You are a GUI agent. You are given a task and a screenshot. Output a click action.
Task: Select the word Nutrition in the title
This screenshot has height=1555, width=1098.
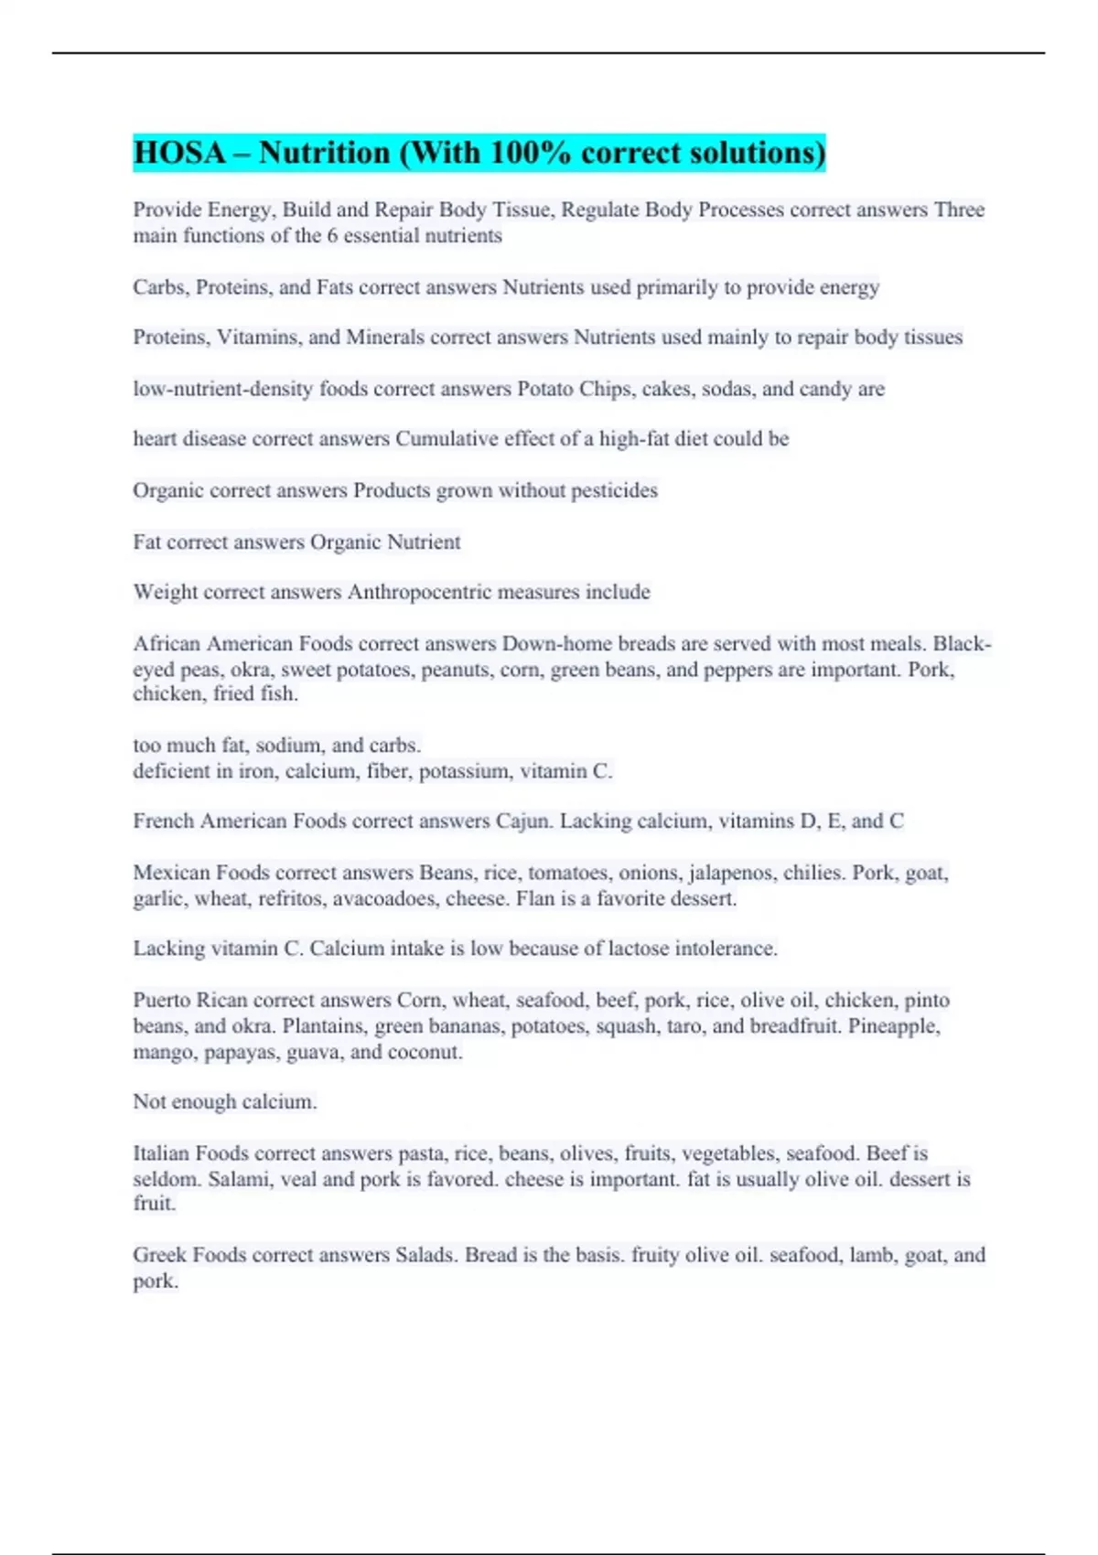point(324,153)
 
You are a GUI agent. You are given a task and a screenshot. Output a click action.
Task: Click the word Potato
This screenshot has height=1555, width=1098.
point(545,389)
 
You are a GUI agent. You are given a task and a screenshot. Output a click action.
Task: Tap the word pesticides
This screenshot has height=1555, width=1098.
point(614,490)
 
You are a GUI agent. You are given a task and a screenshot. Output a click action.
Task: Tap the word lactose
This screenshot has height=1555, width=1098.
point(637,949)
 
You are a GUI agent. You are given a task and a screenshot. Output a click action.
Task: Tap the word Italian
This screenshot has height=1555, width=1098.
point(161,1153)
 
